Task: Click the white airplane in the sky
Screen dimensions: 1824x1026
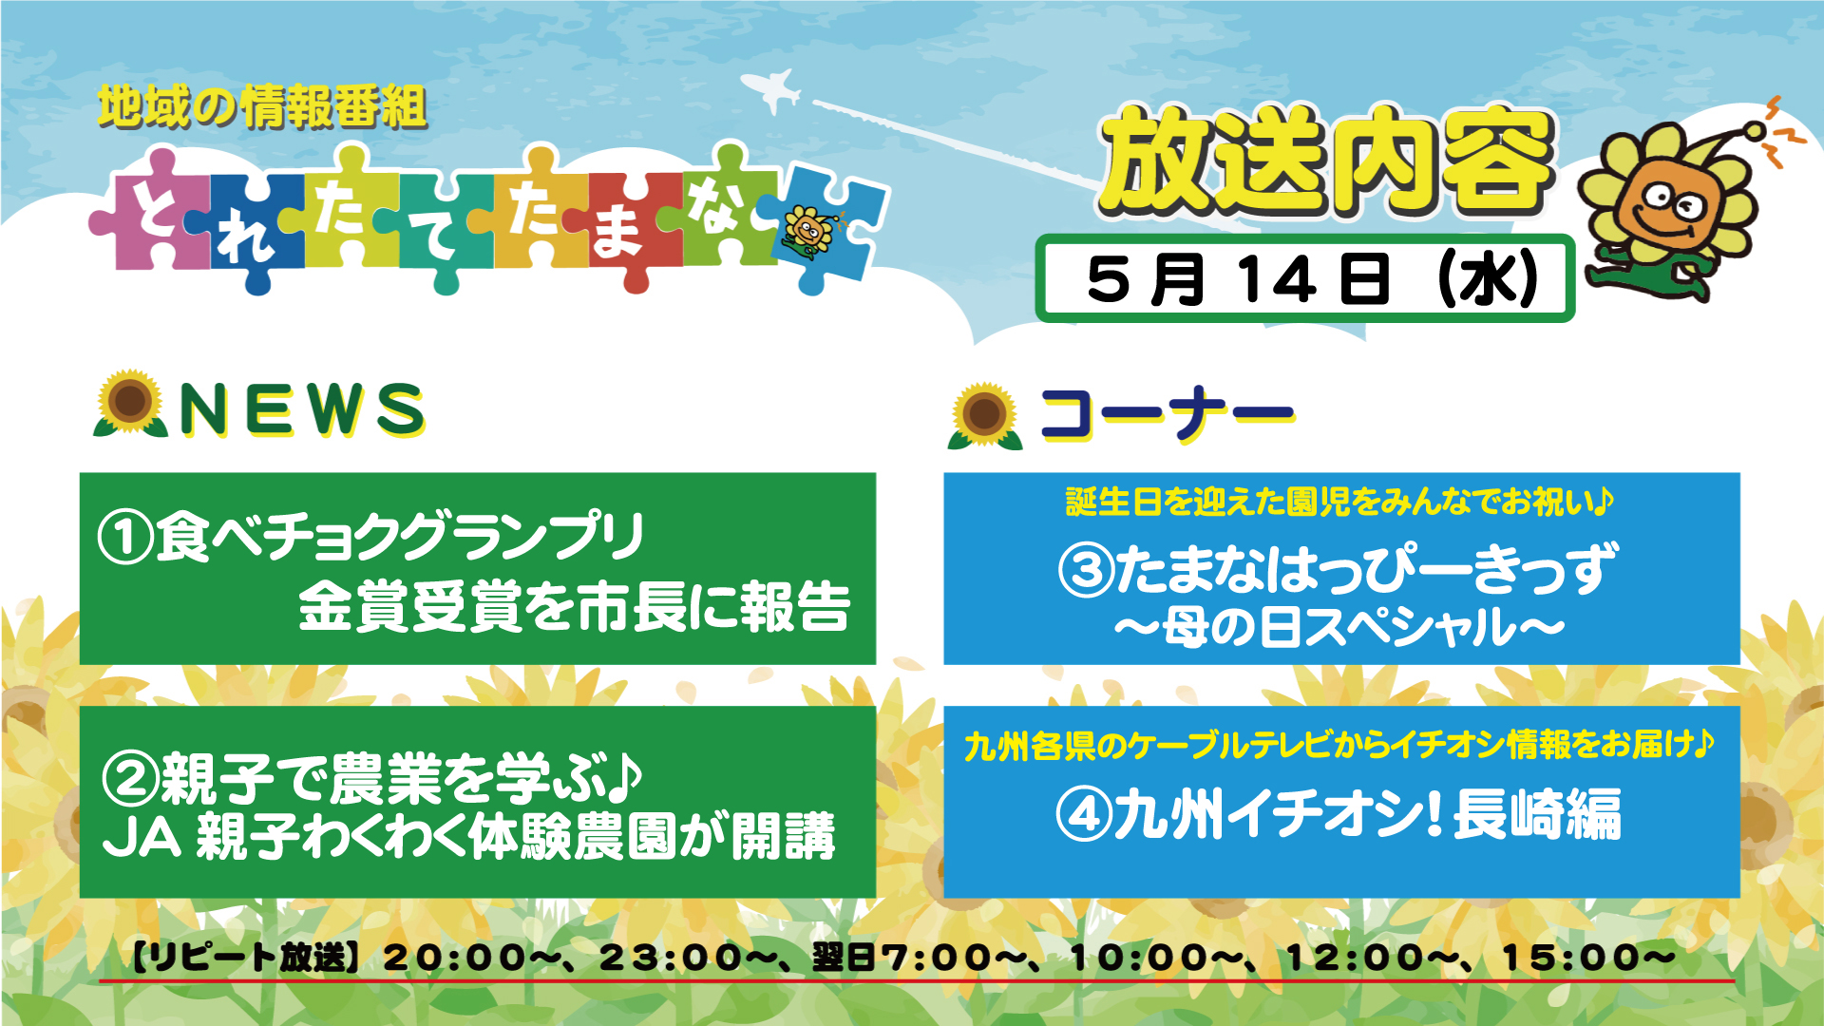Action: click(771, 91)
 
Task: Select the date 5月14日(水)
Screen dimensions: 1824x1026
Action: click(1312, 279)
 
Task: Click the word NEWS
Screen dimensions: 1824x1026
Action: click(302, 409)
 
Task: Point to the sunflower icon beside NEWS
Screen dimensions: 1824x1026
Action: click(130, 404)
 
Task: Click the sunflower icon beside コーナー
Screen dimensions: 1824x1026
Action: click(985, 416)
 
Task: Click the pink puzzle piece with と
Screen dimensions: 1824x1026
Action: click(152, 218)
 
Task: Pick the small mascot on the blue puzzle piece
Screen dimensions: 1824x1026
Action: click(809, 232)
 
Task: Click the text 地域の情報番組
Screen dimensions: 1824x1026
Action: click(262, 106)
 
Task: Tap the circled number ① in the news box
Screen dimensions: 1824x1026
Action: click(125, 538)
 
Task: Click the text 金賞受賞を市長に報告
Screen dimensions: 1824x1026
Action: click(574, 606)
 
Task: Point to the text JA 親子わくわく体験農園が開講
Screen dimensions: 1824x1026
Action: click(469, 836)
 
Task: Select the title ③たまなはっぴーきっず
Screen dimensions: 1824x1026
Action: click(1338, 568)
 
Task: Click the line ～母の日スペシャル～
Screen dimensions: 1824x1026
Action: click(1339, 628)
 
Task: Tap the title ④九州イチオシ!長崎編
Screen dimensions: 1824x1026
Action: click(1339, 814)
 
